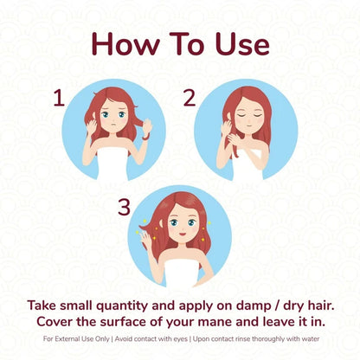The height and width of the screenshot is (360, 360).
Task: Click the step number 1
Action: click(59, 98)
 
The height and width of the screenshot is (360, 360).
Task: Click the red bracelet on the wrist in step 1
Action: click(145, 137)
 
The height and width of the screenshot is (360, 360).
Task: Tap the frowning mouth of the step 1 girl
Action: click(114, 125)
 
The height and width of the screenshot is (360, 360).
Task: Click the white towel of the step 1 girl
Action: click(112, 164)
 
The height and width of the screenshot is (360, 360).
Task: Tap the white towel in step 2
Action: click(248, 164)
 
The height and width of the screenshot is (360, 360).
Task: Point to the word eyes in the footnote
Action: click(181, 339)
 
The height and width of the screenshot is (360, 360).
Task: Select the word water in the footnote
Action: click(311, 338)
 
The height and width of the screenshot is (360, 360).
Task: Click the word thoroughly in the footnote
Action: click(269, 339)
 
